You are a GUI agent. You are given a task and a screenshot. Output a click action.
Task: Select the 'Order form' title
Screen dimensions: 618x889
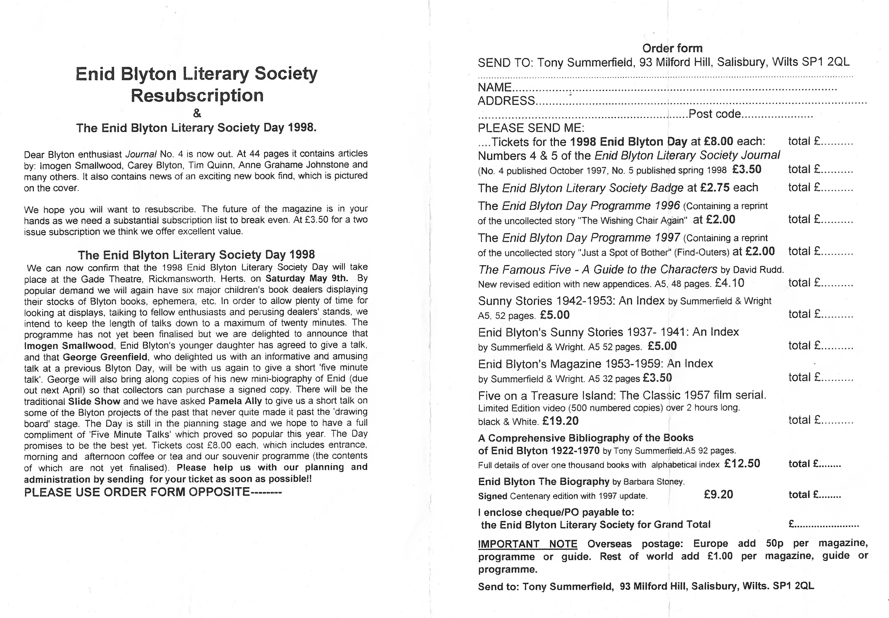[672, 48]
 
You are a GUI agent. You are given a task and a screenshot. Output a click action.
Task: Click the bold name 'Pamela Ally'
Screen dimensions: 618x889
[235, 401]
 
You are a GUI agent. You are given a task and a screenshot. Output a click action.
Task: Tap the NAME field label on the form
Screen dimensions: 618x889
[495, 87]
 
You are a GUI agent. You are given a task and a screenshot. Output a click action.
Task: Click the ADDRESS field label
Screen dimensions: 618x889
[506, 101]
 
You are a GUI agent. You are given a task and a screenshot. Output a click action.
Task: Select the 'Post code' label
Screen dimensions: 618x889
[714, 114]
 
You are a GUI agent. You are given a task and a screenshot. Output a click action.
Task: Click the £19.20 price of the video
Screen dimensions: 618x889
[560, 421]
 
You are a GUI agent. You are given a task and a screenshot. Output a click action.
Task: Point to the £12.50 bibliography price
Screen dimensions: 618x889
[742, 464]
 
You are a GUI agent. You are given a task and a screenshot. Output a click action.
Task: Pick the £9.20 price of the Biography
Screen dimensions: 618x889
[718, 495]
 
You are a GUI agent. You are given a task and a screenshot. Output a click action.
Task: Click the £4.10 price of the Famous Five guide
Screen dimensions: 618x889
[730, 283]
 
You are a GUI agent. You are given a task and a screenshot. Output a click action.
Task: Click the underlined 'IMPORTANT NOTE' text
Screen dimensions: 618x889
[528, 544]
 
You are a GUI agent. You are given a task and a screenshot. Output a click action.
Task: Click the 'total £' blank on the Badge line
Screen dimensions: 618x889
[820, 188]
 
